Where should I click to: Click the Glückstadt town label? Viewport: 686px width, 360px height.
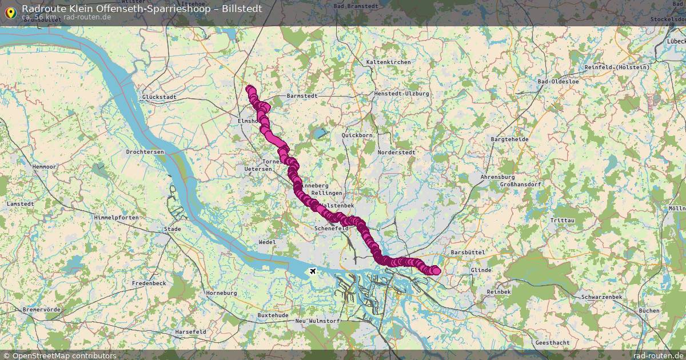[x=159, y=97]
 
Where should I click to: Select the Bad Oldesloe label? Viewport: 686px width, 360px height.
[x=558, y=82]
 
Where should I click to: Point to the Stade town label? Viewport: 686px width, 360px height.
[x=172, y=229]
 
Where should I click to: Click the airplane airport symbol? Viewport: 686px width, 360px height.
[x=312, y=270]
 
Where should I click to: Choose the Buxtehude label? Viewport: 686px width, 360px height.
[x=273, y=315]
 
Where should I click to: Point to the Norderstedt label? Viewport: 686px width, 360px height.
[x=396, y=153]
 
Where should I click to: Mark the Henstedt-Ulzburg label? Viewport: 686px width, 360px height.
[x=401, y=93]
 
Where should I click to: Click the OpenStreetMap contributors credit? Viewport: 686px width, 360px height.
[x=64, y=355]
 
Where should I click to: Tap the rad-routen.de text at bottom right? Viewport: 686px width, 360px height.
[x=658, y=355]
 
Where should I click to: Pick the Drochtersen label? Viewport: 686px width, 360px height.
[x=145, y=152]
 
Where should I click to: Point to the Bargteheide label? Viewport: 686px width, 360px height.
[x=509, y=139]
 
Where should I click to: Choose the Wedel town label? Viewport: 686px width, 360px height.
[x=267, y=242]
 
